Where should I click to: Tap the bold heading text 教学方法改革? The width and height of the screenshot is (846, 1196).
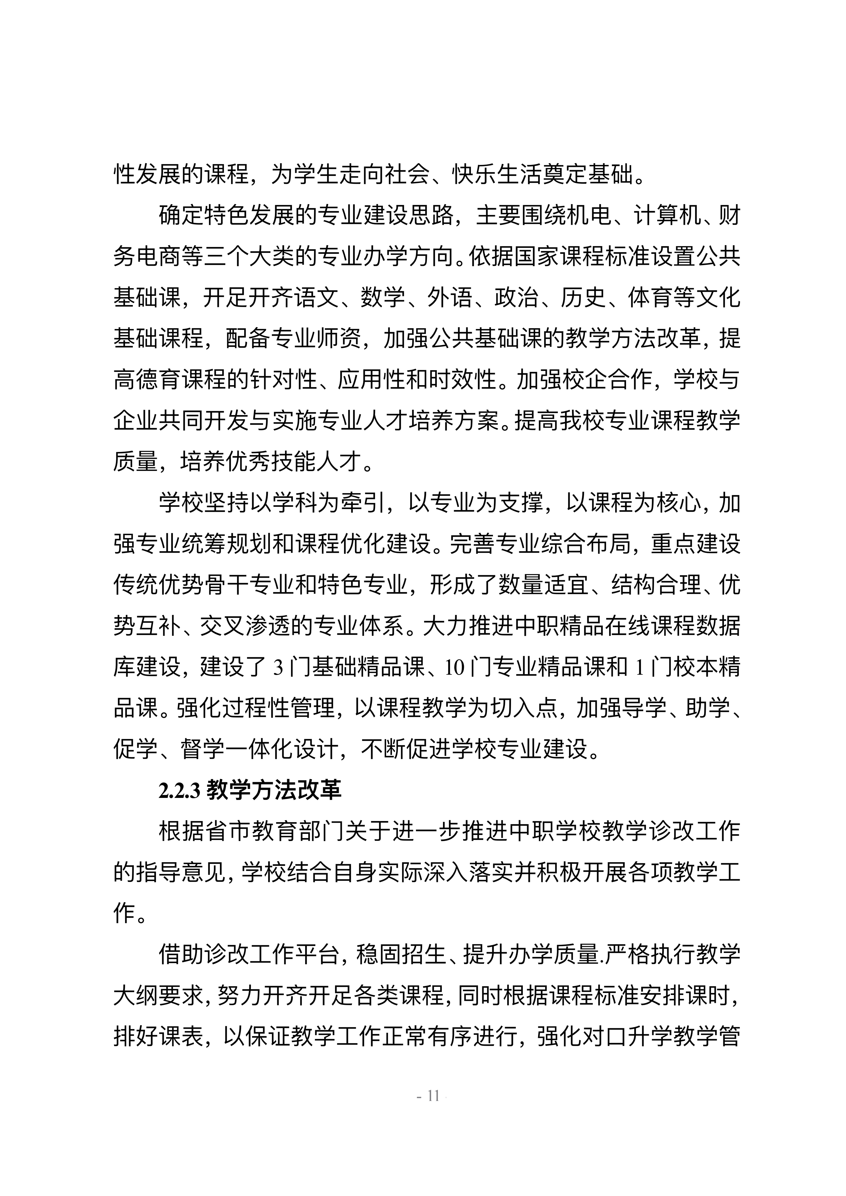pos(274,790)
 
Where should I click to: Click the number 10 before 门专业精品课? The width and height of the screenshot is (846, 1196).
pos(454,668)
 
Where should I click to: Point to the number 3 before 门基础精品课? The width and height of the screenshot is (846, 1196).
pos(277,668)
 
